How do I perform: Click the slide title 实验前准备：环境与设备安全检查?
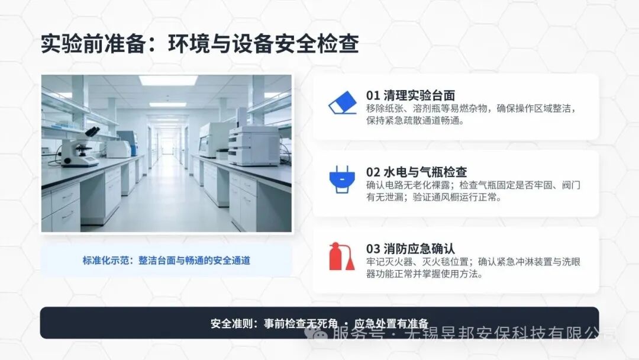tap(199, 44)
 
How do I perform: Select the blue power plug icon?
tap(341, 179)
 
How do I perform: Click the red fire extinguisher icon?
tap(341, 256)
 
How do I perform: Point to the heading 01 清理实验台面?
tap(411, 95)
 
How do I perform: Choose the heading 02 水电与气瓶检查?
tap(417, 172)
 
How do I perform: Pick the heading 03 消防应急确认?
tap(411, 249)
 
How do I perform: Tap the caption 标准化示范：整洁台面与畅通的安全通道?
tap(166, 260)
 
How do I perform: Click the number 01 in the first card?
tap(373, 95)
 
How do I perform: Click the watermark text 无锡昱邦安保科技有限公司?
tap(509, 335)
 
